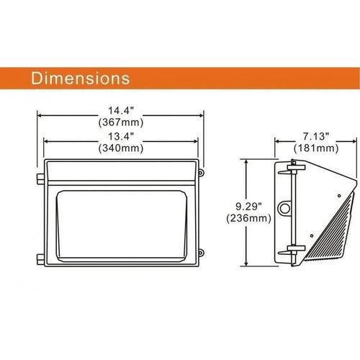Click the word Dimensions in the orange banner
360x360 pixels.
[x=79, y=76]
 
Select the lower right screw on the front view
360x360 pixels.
[x=202, y=252]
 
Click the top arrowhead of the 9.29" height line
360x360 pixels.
[x=249, y=162]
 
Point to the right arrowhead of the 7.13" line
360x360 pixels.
[x=355, y=142]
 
